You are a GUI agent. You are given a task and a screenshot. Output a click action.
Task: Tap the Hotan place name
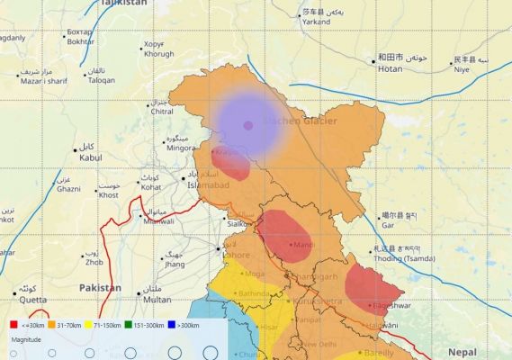coord(390,68)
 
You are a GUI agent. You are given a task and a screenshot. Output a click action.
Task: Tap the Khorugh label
coord(158,55)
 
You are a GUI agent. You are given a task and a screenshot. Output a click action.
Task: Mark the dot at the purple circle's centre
coord(247,125)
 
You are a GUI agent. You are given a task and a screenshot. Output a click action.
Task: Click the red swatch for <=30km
coord(13,324)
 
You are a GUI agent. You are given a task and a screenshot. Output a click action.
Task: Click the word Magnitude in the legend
coord(25,340)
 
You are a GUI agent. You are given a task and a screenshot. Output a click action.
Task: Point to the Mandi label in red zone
coord(304,245)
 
